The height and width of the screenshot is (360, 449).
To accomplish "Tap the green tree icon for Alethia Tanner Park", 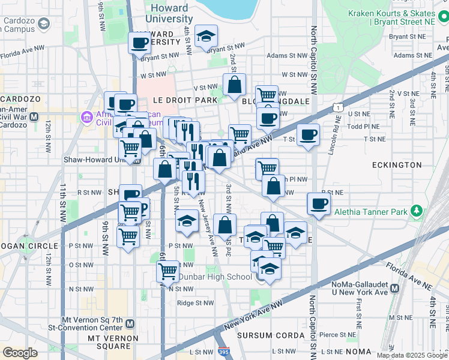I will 415,211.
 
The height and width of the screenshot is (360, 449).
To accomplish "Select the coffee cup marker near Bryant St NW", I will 139,43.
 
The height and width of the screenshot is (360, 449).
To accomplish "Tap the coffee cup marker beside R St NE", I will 319,203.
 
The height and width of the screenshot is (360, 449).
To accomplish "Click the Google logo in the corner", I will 20,352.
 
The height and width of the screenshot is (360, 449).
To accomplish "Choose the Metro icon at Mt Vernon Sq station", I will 130,323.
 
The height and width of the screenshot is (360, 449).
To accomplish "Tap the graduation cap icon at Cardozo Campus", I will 43,23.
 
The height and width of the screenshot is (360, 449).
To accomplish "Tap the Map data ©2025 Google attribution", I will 411,355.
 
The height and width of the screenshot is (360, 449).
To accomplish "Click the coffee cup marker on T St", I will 308,134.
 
